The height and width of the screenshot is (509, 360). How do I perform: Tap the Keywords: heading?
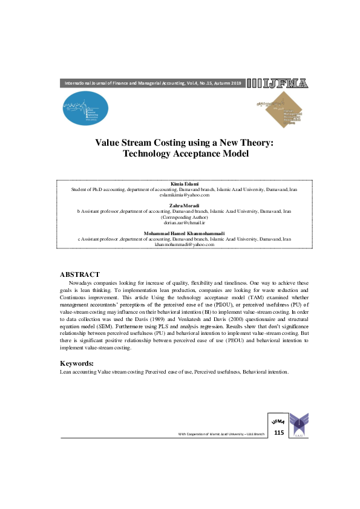coord(76,363)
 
